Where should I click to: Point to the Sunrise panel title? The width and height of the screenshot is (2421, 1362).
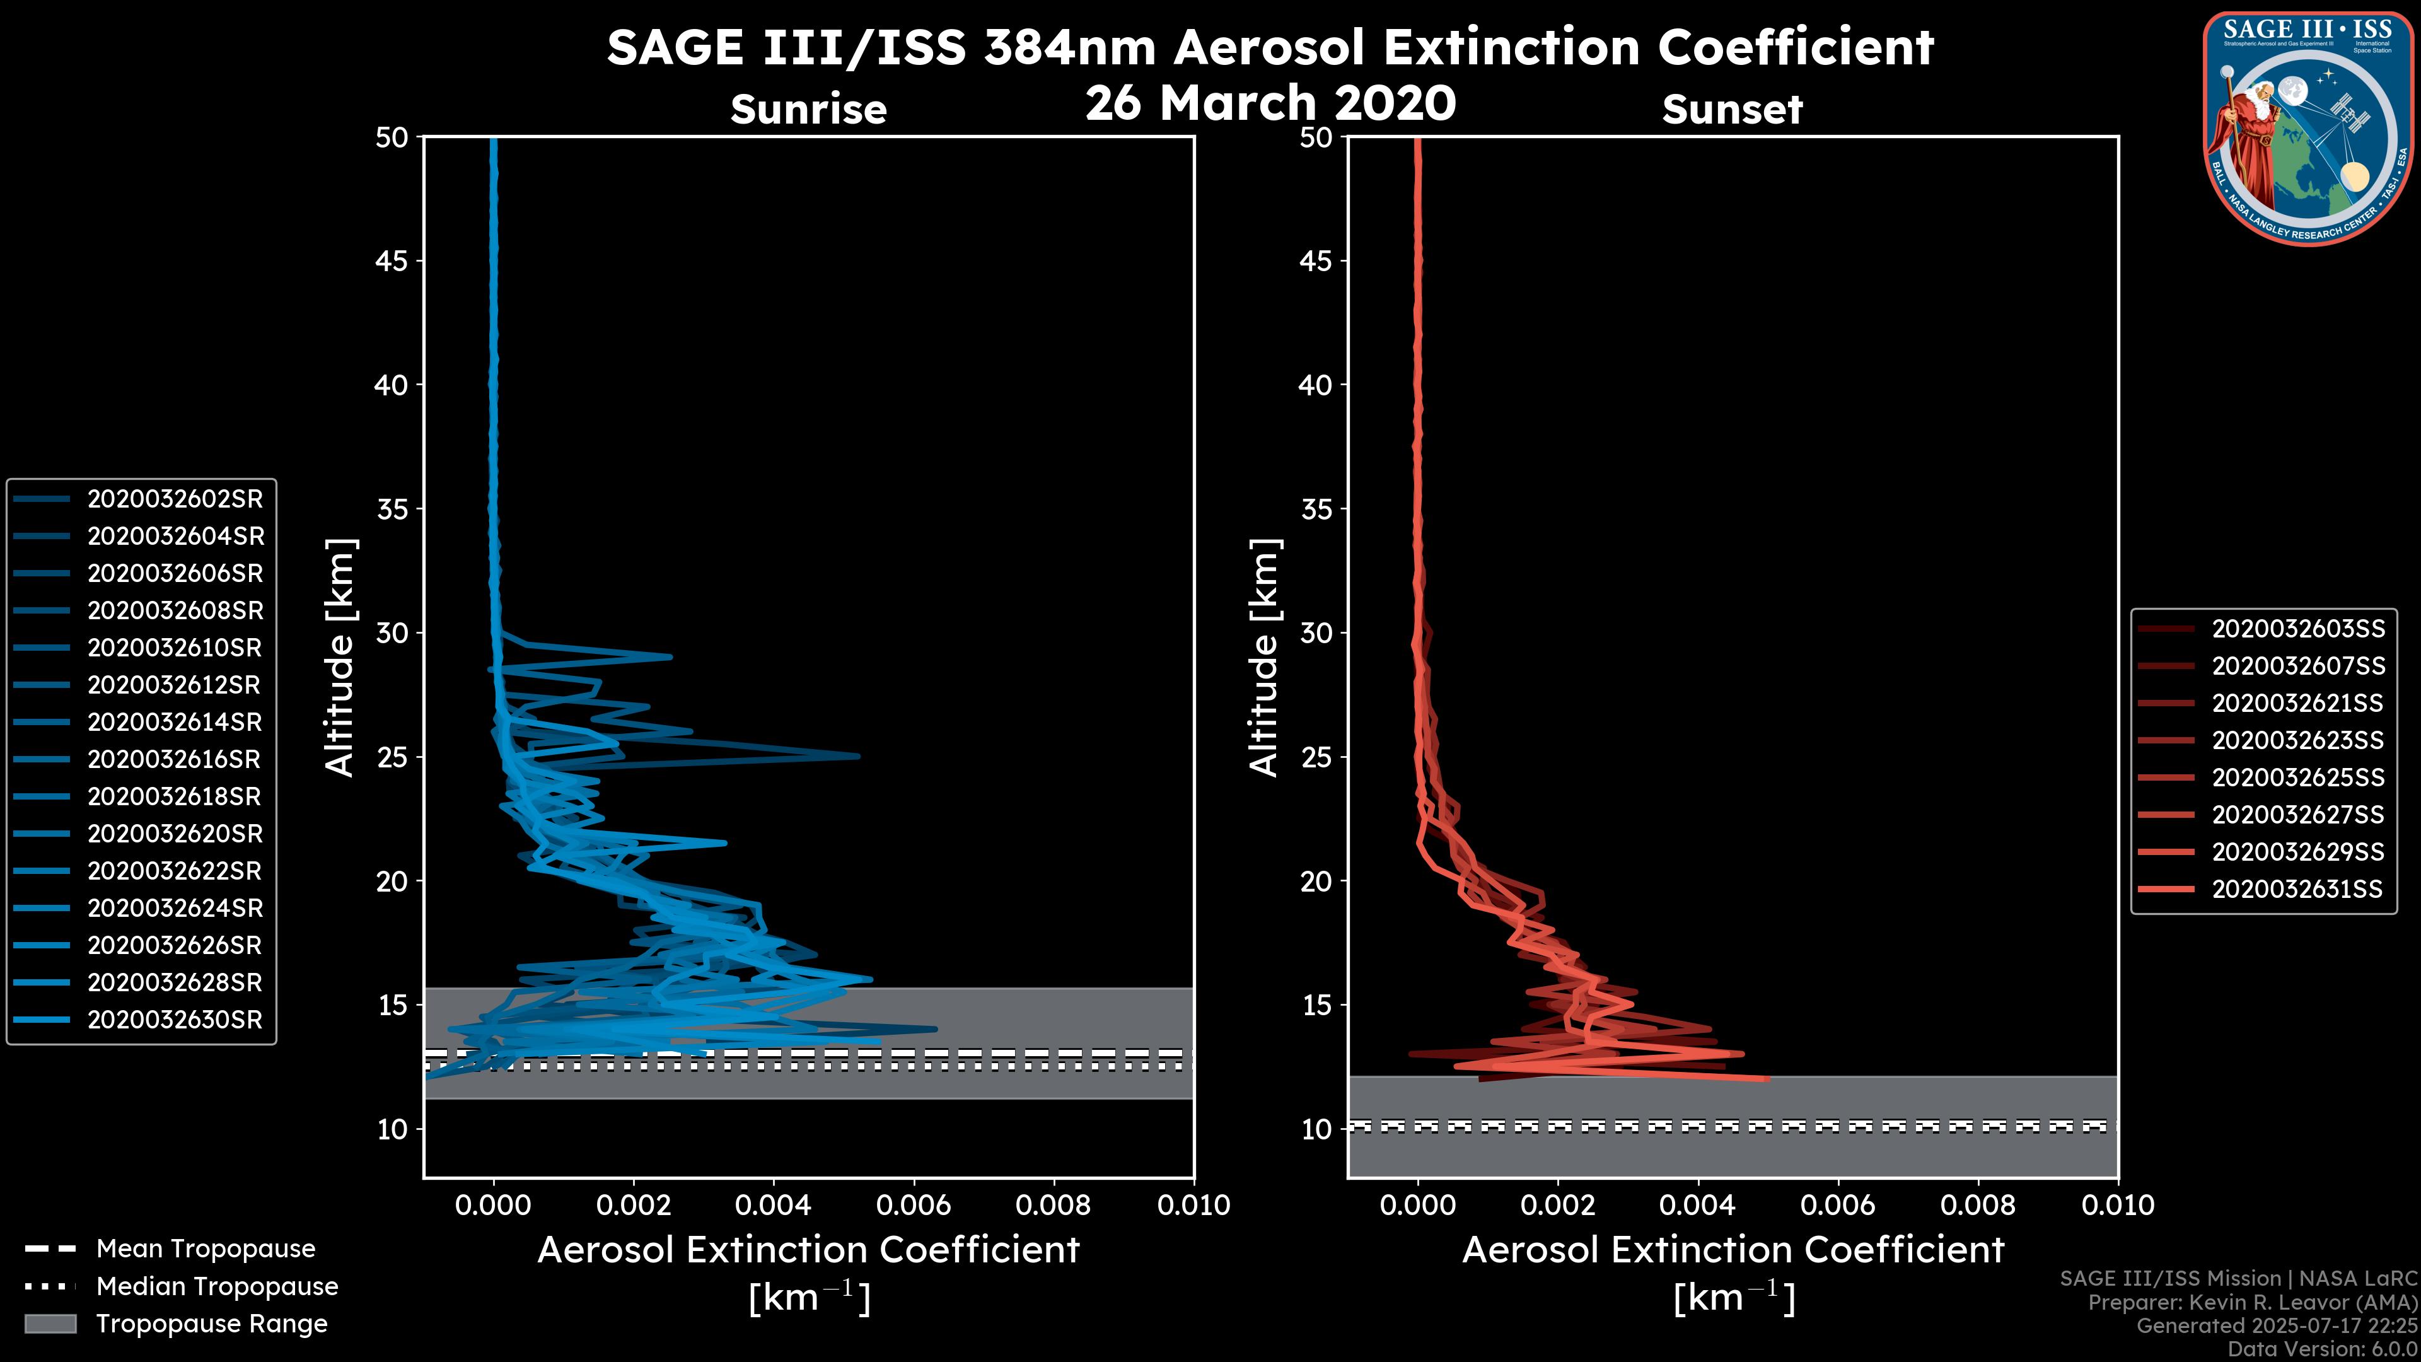(x=808, y=110)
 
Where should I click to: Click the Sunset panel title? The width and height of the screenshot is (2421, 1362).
(x=1732, y=110)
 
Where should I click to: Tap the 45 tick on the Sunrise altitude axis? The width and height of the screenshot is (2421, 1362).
(x=393, y=261)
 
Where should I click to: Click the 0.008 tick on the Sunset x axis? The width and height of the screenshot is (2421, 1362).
(x=1978, y=1205)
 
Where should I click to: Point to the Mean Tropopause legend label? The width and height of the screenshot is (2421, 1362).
(x=206, y=1249)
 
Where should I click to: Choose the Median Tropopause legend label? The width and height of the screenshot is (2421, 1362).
(x=217, y=1287)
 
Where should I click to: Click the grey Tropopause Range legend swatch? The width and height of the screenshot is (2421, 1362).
(x=50, y=1324)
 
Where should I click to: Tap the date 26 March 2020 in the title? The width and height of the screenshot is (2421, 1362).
(x=1270, y=103)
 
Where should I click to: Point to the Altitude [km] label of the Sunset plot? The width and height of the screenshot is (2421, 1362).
(x=1264, y=658)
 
